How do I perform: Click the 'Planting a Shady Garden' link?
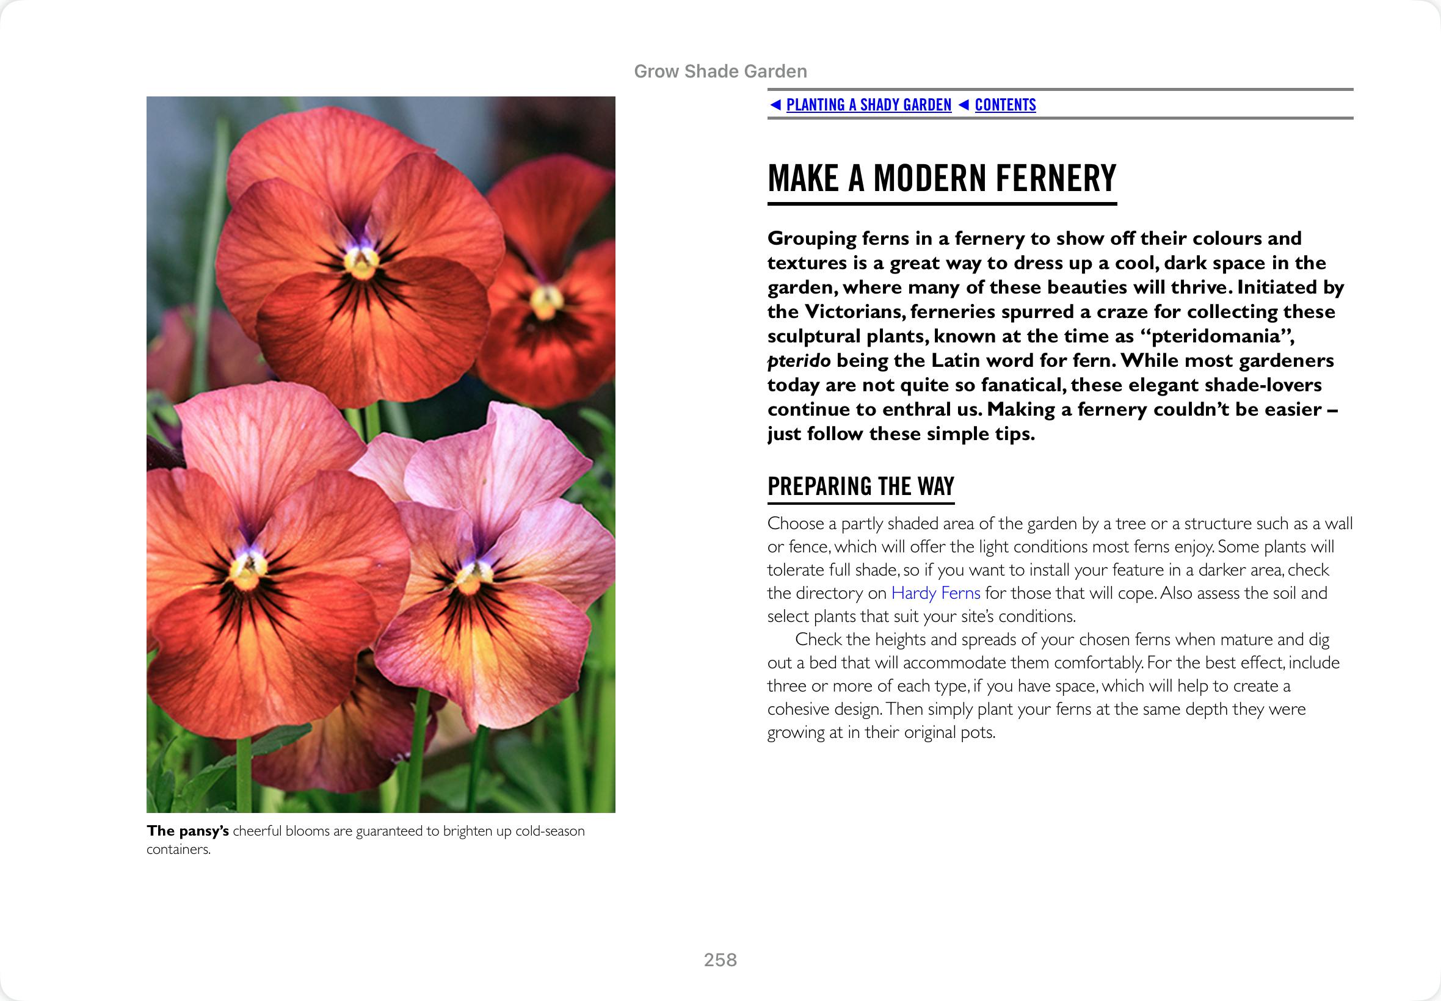868,105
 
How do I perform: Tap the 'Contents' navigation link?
1005,105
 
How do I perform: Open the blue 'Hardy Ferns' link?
935,593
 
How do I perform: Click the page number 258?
720,959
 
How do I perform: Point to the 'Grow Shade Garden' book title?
720,71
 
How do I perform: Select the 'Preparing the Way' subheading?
861,486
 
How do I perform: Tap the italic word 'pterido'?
799,361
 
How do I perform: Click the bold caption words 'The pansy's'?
187,831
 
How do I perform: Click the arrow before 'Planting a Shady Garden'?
775,105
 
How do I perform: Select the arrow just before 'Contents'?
964,105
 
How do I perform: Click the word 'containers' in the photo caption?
178,850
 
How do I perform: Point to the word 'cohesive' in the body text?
794,709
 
